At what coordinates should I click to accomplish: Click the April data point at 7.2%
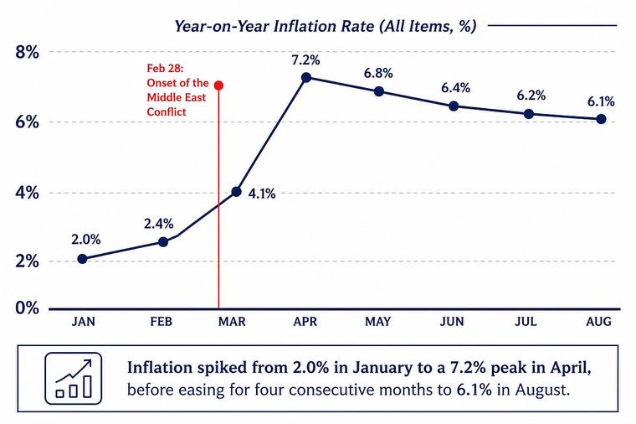click(x=306, y=77)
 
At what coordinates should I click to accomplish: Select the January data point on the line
click(x=82, y=259)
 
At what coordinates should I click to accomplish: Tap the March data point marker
click(x=237, y=192)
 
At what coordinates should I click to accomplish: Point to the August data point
click(x=601, y=119)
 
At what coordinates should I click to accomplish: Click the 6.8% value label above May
click(x=378, y=74)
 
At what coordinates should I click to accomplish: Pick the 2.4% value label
click(x=159, y=224)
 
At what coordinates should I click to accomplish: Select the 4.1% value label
click(x=262, y=194)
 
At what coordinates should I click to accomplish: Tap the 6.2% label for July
click(x=531, y=96)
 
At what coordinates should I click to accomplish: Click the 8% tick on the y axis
click(x=27, y=53)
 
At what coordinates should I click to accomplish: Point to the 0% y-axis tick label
click(x=27, y=308)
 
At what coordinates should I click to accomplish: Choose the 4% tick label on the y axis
click(x=27, y=193)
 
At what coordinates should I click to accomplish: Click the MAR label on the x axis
click(x=232, y=322)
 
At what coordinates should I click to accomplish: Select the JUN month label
click(x=452, y=322)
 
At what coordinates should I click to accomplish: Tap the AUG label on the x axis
click(x=598, y=322)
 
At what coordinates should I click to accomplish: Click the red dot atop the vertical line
click(x=218, y=85)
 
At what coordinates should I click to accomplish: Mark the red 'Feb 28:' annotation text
click(x=165, y=68)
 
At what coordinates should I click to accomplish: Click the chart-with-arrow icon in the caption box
click(x=74, y=378)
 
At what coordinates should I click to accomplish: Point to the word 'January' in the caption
click(x=378, y=368)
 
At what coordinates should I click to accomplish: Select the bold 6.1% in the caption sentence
click(x=474, y=390)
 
